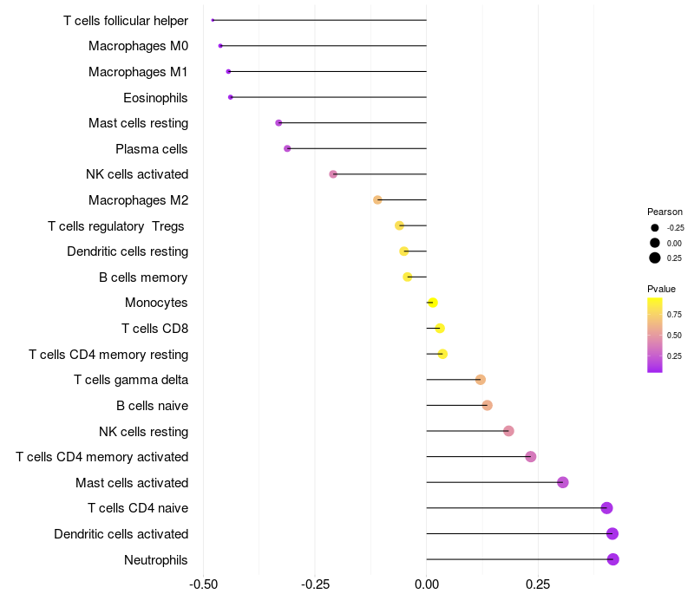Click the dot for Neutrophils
(612, 559)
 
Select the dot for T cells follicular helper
(213, 20)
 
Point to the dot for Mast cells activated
(562, 482)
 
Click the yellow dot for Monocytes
(433, 303)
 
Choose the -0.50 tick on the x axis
(203, 585)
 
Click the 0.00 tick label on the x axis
(427, 585)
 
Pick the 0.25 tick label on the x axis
(537, 585)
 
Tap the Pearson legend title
(665, 212)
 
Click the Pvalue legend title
(661, 289)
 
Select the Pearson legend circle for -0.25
(655, 227)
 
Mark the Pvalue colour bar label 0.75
(674, 314)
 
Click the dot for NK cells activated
(333, 174)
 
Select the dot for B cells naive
(487, 405)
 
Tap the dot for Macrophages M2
(377, 200)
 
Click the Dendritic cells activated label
(121, 534)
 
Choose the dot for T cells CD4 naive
(606, 508)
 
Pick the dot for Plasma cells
(287, 148)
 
